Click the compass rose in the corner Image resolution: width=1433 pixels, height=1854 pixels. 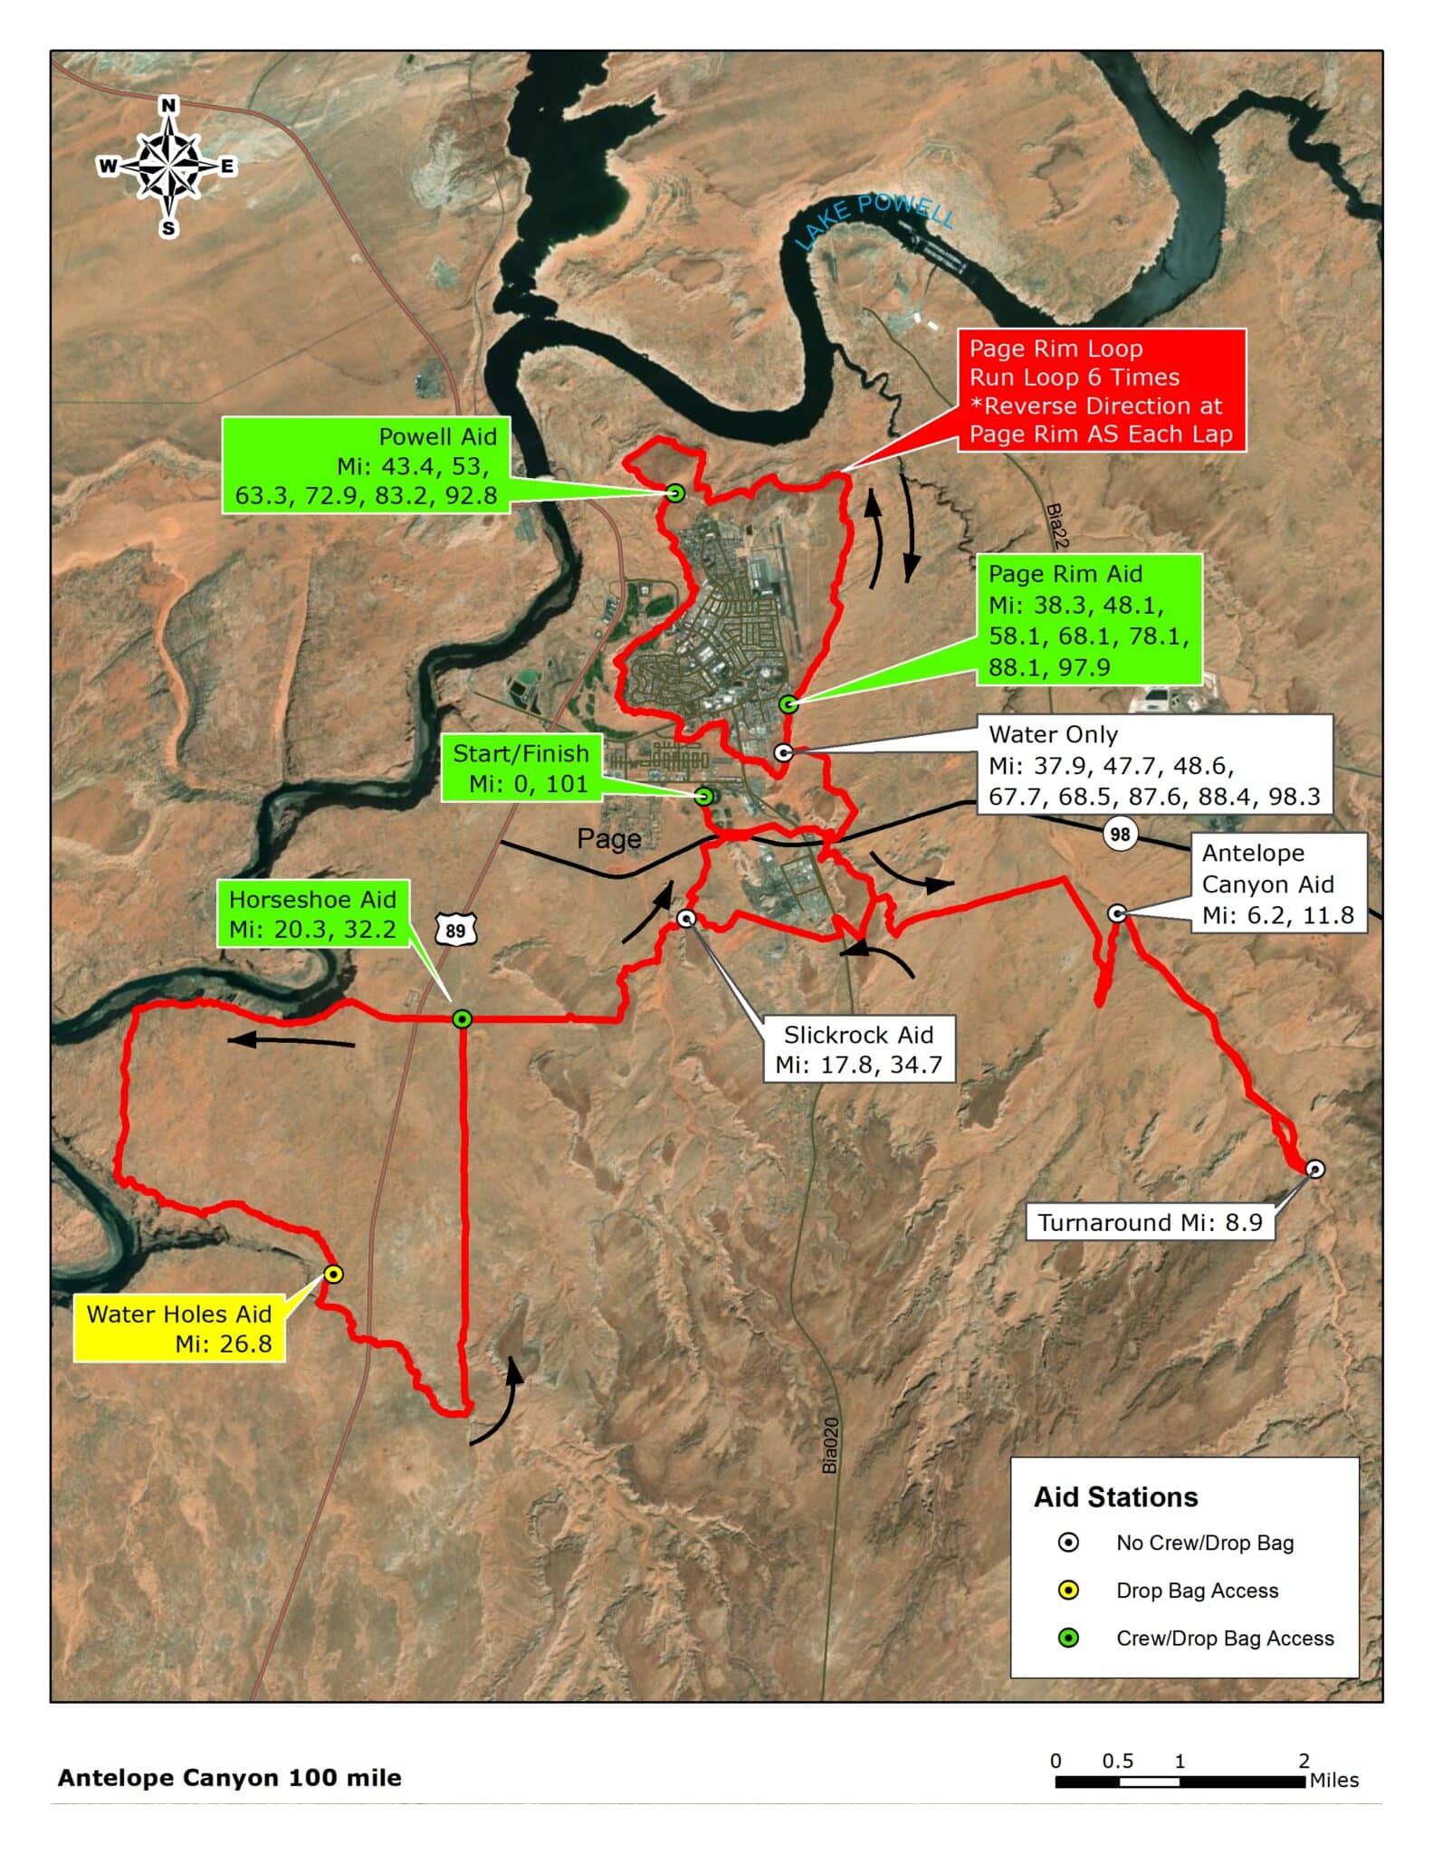click(167, 167)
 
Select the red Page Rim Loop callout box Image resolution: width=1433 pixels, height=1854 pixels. click(1101, 390)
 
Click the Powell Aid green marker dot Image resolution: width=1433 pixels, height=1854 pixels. click(674, 493)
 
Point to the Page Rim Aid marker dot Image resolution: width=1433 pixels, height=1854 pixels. click(788, 703)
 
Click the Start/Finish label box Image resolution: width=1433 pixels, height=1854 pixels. click(521, 769)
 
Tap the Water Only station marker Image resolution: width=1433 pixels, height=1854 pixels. click(784, 751)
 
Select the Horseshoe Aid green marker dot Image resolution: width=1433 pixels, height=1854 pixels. click(462, 1018)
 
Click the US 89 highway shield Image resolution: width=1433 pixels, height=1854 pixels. click(455, 930)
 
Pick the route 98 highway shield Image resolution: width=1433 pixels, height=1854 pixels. click(1120, 833)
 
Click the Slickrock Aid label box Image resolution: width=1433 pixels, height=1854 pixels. click(858, 1049)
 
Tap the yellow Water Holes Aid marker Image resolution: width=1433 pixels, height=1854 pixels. click(333, 1274)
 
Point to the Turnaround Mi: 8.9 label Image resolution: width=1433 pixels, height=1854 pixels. click(1150, 1222)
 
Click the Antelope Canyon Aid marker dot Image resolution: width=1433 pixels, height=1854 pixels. click(1117, 913)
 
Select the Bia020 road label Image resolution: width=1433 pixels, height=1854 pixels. click(830, 1445)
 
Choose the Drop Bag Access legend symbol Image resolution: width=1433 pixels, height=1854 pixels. click(1068, 1590)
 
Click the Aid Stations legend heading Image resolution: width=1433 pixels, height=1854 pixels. click(1115, 1497)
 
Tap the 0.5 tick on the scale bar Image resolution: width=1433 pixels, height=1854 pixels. click(1118, 1761)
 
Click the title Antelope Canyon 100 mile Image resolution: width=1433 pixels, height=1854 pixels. click(229, 1778)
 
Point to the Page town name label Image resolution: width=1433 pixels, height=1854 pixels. click(609, 839)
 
